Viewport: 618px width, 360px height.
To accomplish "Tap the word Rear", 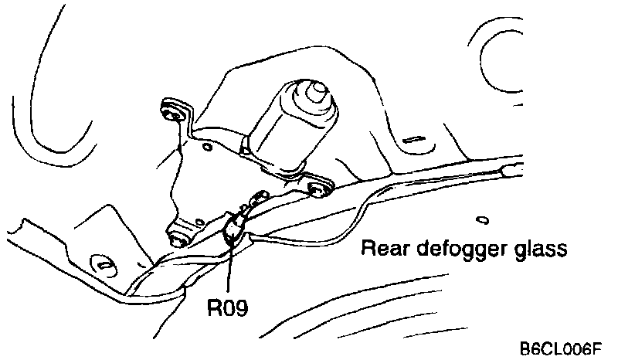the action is point(383,250).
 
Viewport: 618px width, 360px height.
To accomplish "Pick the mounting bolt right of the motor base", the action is point(316,187).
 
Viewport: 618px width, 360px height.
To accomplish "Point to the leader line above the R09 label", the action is point(230,270).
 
